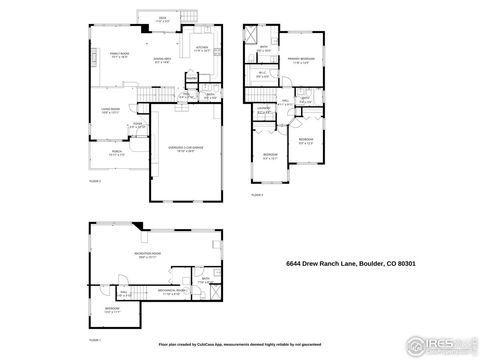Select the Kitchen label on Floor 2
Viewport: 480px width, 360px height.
200,47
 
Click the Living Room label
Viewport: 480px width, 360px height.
110,111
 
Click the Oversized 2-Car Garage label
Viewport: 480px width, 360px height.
183,148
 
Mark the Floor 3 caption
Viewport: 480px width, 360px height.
257,195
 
